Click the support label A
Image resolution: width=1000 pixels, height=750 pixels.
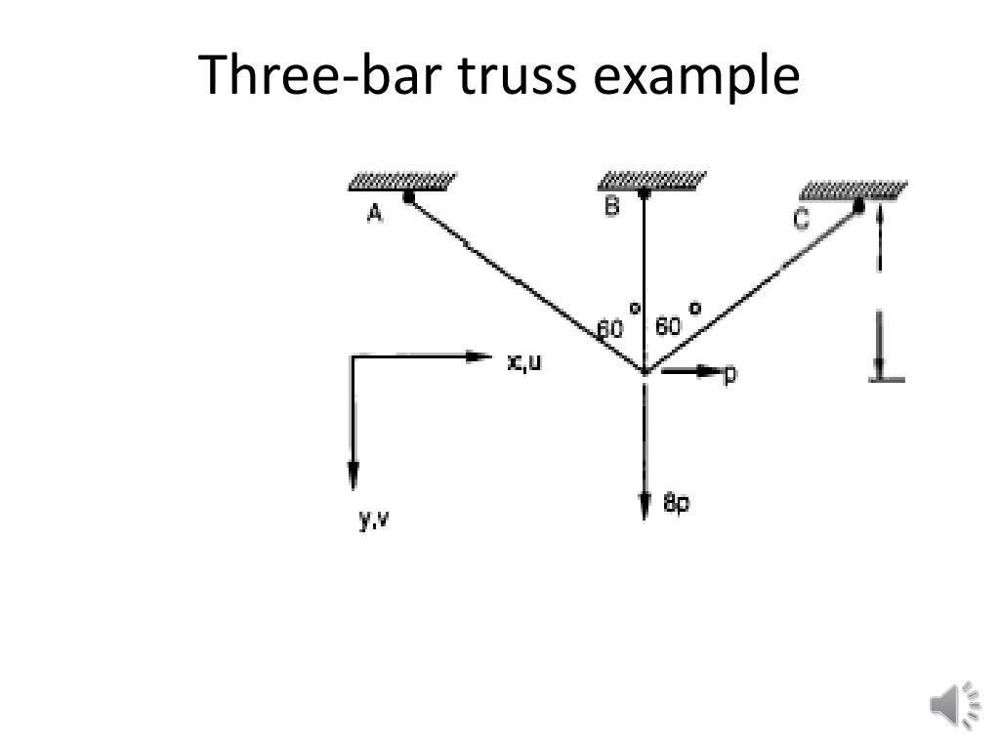tap(375, 214)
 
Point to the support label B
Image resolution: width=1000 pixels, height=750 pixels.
tap(611, 206)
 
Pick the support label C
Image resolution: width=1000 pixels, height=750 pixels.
tap(801, 221)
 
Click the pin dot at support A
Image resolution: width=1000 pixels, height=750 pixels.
tap(408, 197)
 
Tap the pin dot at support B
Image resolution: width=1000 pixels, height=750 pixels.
tap(644, 193)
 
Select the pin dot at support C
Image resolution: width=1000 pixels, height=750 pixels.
tap(858, 205)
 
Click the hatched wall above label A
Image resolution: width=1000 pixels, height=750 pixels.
tap(402, 182)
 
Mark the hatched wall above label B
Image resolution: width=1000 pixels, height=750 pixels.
tap(651, 180)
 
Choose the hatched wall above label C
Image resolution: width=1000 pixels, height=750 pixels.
tap(853, 189)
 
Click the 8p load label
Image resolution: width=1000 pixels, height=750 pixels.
tap(676, 504)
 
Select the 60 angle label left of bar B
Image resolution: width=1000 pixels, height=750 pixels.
tap(610, 329)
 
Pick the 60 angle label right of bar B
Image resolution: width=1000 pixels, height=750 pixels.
tap(668, 326)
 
